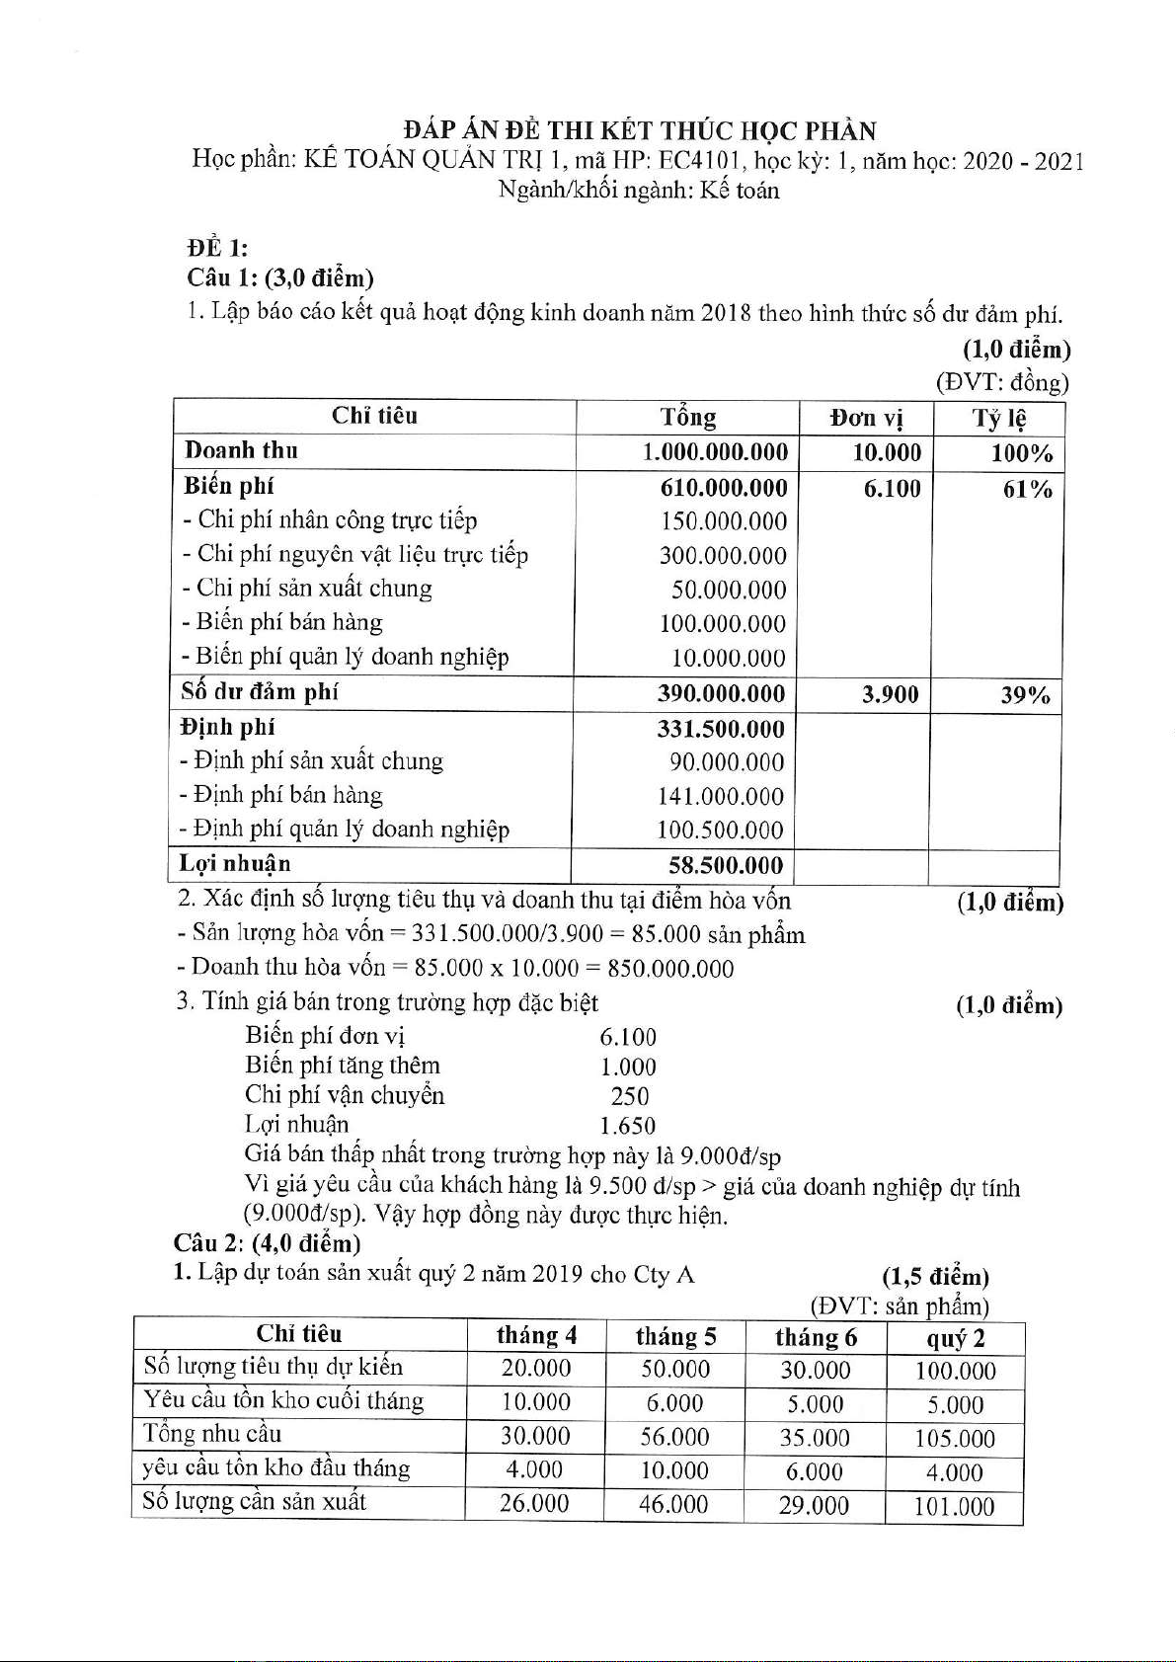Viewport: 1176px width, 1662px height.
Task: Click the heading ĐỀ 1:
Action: [217, 248]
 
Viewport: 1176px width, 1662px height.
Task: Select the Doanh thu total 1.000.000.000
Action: [715, 452]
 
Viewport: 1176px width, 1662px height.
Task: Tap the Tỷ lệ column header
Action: [999, 418]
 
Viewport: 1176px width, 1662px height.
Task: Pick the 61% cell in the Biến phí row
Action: [1027, 489]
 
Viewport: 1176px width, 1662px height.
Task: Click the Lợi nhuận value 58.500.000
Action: [726, 866]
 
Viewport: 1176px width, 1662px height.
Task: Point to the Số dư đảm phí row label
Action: [259, 691]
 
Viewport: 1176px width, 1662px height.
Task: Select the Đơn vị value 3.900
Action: [890, 695]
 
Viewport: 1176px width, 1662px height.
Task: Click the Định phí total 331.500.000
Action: [721, 730]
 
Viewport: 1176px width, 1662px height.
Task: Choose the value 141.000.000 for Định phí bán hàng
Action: [721, 797]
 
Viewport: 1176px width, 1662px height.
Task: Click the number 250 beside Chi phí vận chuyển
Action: [630, 1096]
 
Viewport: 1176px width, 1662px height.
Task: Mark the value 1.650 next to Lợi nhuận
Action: [628, 1126]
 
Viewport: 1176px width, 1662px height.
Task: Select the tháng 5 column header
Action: [675, 1337]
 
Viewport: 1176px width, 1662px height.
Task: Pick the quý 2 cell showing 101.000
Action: [954, 1507]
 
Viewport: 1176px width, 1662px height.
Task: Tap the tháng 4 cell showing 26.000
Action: [534, 1504]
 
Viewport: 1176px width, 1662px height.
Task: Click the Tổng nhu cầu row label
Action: [212, 1434]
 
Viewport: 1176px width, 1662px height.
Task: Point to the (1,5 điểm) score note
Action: [935, 1277]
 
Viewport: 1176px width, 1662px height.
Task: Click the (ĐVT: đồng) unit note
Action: [1002, 382]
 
